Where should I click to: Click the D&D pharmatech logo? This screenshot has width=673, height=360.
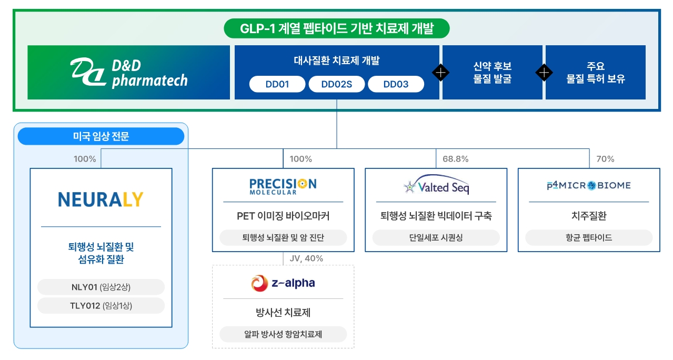[x=129, y=73]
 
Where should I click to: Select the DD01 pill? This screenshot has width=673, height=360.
[x=277, y=84]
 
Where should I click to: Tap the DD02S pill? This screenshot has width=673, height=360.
[x=337, y=84]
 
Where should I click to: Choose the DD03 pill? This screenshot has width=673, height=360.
[x=396, y=84]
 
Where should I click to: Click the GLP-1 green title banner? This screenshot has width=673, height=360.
[x=337, y=28]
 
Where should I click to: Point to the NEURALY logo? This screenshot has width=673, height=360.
[x=101, y=199]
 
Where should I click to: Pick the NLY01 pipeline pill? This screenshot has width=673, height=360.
[x=101, y=287]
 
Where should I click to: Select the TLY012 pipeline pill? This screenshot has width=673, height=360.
[x=101, y=306]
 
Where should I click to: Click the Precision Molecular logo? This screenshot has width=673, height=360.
[x=283, y=186]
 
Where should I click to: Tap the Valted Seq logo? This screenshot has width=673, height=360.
[x=436, y=186]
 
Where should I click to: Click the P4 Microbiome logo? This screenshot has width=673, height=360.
[x=589, y=185]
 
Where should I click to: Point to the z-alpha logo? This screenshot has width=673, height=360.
[x=283, y=283]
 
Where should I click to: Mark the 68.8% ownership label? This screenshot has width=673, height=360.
[x=456, y=159]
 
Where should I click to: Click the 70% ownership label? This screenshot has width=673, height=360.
[x=605, y=159]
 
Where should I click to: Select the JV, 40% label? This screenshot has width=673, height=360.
[x=306, y=258]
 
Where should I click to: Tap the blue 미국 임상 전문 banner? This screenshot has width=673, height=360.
[x=101, y=136]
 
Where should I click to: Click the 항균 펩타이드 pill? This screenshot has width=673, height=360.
[x=589, y=238]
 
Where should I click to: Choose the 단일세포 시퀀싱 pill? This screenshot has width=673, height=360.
[x=436, y=238]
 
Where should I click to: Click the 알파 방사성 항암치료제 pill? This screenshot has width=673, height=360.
[x=283, y=334]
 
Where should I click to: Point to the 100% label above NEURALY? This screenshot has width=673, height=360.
[x=85, y=159]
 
